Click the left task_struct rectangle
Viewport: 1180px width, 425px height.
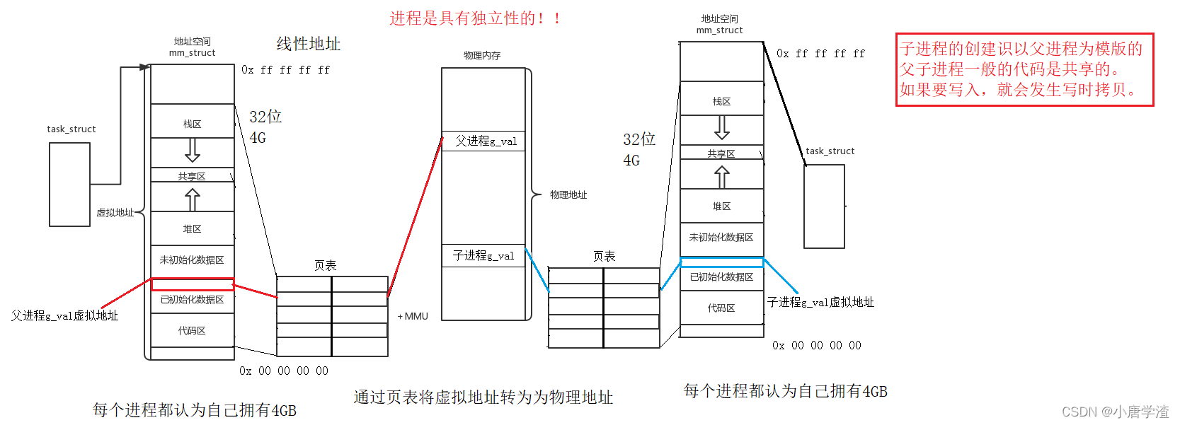69,185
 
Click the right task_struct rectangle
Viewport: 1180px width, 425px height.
824,206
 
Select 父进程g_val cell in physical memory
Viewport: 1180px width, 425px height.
486,141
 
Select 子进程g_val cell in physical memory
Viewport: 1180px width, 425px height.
483,256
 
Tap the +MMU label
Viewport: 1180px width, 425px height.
413,316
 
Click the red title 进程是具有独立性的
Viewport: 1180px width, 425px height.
475,18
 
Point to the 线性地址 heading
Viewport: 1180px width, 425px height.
308,44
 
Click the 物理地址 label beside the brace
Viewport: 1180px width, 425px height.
568,194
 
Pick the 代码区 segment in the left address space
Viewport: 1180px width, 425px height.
192,331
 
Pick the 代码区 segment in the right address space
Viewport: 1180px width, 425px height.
721,308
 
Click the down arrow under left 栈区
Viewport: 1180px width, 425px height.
192,150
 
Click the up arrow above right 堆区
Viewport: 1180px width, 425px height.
721,177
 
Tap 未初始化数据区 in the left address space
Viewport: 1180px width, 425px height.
192,260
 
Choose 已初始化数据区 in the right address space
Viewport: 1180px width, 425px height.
721,277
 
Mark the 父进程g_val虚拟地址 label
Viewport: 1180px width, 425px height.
64,315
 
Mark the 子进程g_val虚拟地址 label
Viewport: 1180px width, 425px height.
820,302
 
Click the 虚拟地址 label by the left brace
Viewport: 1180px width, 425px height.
115,212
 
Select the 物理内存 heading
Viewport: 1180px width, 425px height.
482,55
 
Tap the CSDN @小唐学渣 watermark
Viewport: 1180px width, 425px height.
1115,412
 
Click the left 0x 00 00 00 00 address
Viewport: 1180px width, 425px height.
284,371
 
